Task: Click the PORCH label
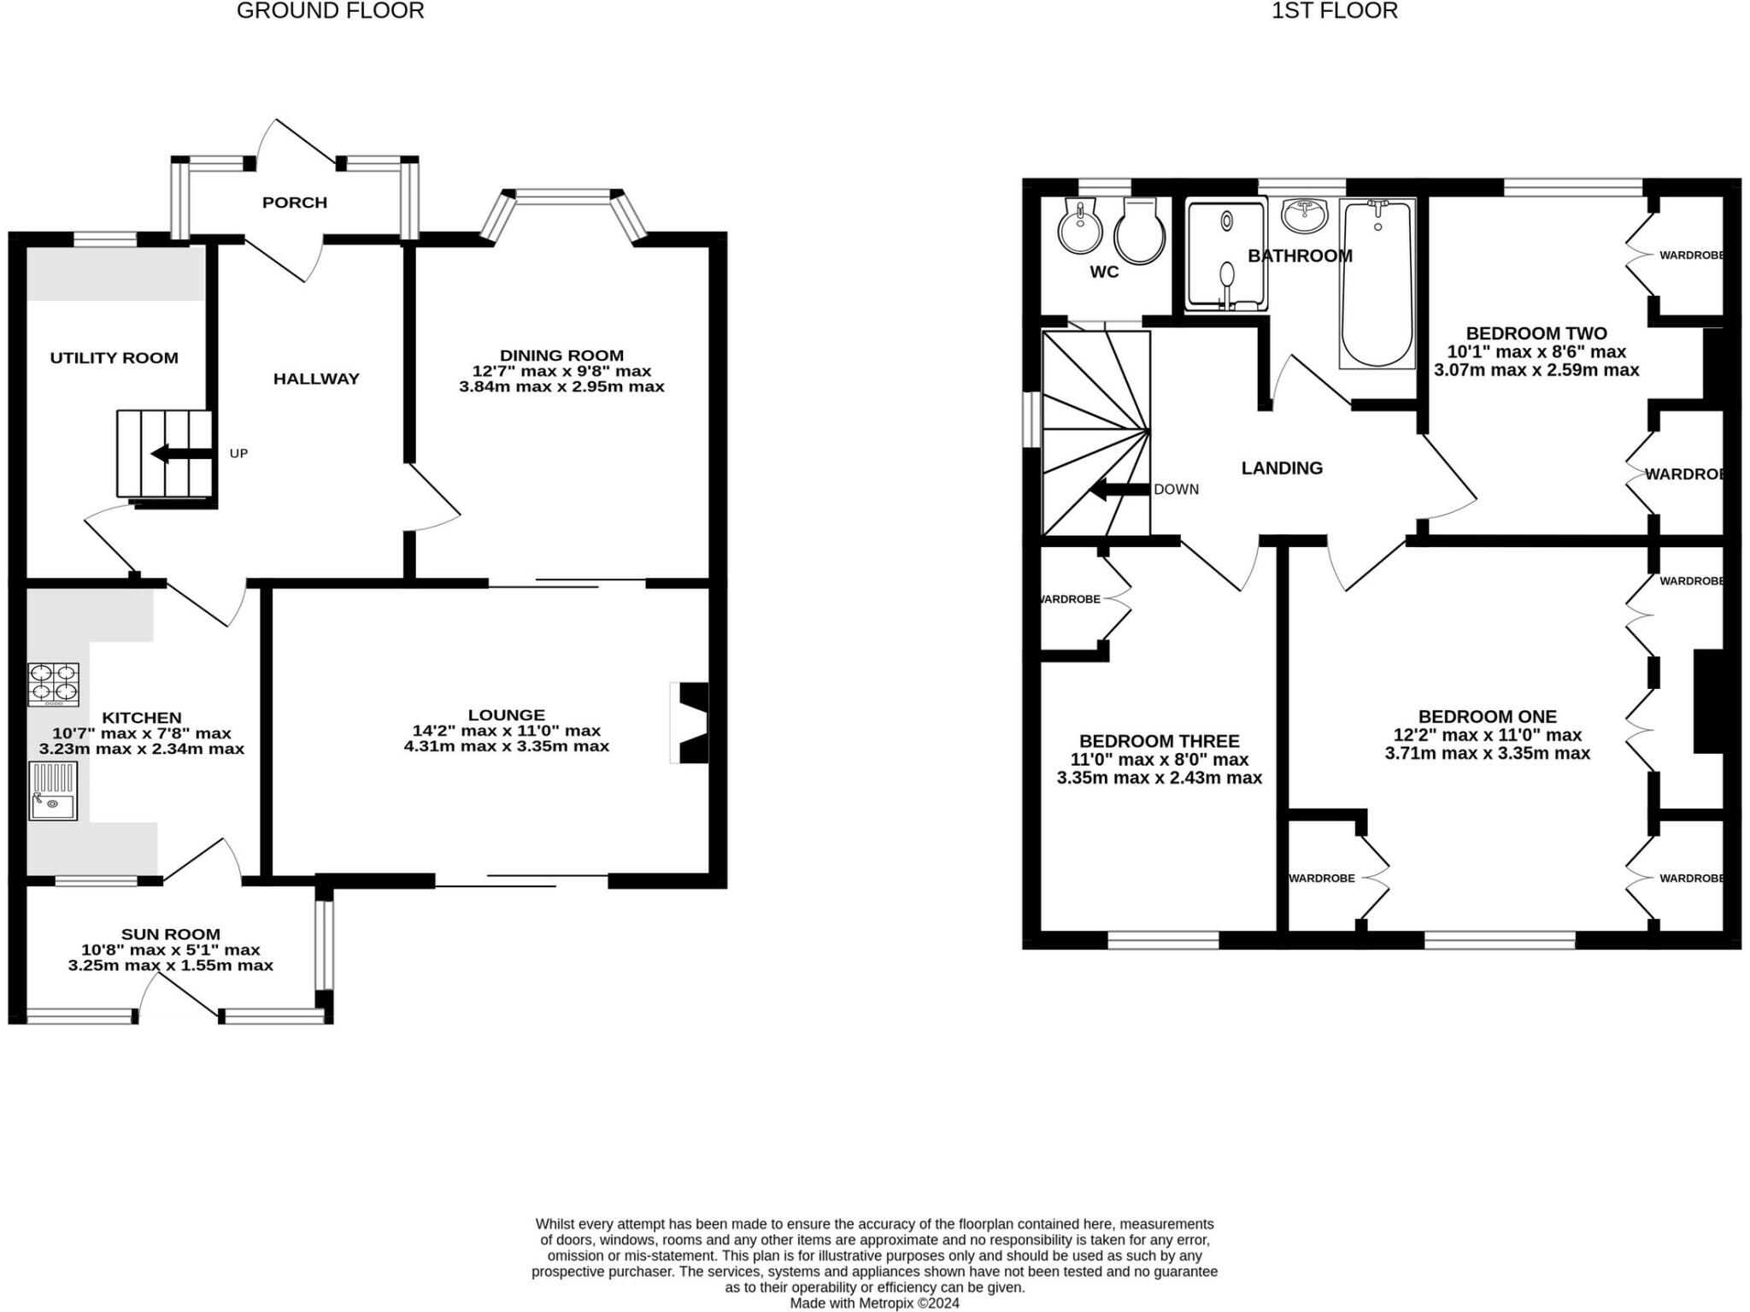point(295,203)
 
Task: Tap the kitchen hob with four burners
point(53,685)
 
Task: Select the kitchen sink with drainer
point(53,791)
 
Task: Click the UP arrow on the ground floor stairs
point(180,454)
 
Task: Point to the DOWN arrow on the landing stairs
point(1119,490)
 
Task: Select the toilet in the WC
point(1140,231)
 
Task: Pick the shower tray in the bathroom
point(1226,254)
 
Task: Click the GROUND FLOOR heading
point(330,11)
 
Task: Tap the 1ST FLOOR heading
point(1334,11)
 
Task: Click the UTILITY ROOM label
point(114,358)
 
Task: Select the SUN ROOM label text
point(171,934)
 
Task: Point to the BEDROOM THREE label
point(1159,741)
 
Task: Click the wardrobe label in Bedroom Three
point(1071,599)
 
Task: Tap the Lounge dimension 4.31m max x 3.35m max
point(507,746)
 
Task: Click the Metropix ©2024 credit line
point(874,1303)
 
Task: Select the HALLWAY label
point(316,379)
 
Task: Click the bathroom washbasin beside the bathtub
point(1305,215)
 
